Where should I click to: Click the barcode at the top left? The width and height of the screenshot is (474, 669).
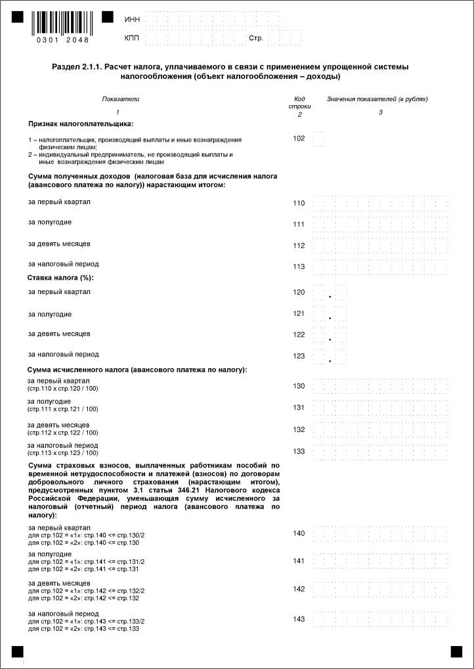(x=62, y=24)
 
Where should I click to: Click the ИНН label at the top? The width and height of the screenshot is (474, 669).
(x=132, y=19)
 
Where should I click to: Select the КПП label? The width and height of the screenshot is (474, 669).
(x=132, y=38)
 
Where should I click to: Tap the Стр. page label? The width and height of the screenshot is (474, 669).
(x=256, y=38)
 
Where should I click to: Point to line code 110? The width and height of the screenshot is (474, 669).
(x=299, y=203)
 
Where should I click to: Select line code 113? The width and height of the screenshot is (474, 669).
(x=299, y=267)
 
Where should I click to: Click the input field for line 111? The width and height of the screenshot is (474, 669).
(x=381, y=224)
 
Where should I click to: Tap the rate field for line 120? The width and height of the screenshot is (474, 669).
(x=330, y=292)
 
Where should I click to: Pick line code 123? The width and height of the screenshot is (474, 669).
(x=299, y=356)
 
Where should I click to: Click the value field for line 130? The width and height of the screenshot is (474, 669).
(x=381, y=385)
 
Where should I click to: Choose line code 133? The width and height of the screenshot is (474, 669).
(x=299, y=451)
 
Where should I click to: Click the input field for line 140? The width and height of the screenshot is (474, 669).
(x=381, y=533)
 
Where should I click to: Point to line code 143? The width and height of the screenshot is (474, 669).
(x=299, y=619)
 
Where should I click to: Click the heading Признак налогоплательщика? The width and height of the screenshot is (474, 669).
(x=80, y=123)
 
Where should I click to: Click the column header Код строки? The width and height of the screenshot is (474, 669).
(x=299, y=102)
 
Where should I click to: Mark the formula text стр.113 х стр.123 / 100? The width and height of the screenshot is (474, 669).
(x=62, y=453)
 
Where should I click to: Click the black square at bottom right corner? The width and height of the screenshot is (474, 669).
(x=456, y=651)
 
